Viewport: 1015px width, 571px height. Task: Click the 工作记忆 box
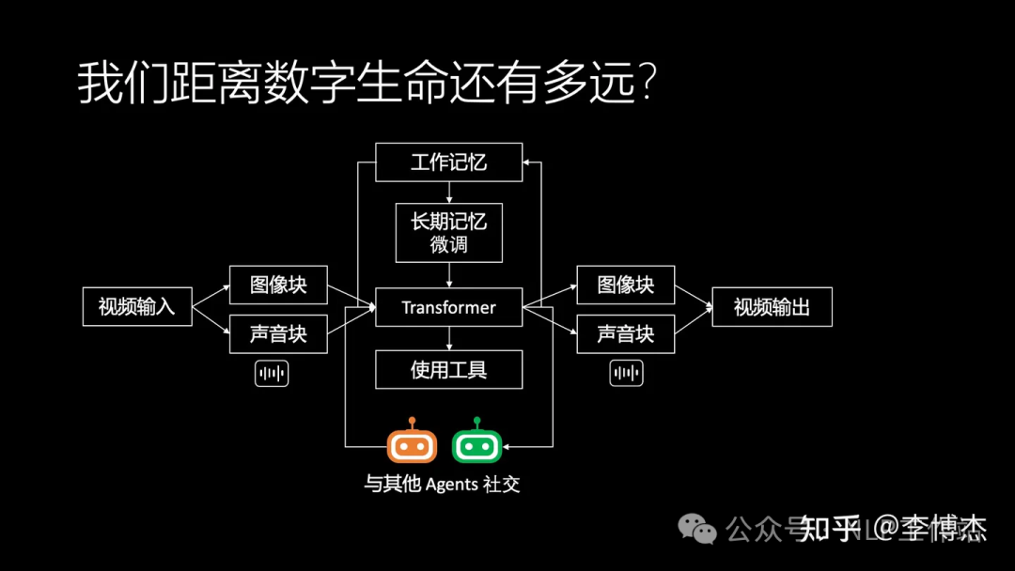click(448, 162)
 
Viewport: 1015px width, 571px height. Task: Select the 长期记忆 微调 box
click(448, 233)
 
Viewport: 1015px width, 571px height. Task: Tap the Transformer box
click(448, 307)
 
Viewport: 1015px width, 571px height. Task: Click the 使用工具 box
click(448, 369)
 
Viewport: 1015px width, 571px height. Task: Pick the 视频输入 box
click(137, 306)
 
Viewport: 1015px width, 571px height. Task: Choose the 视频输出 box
click(772, 307)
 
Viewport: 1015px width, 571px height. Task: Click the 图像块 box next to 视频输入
click(278, 284)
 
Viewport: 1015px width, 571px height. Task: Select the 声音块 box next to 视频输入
click(278, 333)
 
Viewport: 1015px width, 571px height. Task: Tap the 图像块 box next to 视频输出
click(626, 284)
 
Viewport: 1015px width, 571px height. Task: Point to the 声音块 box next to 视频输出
click(626, 333)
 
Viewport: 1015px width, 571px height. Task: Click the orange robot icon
click(413, 444)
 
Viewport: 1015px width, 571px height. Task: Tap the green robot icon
click(477, 444)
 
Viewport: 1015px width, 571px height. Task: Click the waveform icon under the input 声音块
click(272, 374)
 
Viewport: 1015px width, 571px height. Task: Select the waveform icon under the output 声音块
click(625, 374)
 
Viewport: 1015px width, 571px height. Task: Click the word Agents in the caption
click(451, 486)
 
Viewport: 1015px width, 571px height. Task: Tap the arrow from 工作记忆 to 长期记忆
click(448, 193)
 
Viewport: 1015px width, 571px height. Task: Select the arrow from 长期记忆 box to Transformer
click(448, 275)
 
